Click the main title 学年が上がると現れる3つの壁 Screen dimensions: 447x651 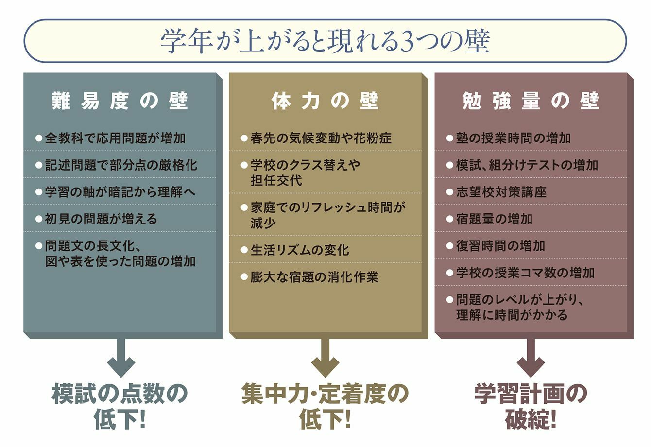pos(325,41)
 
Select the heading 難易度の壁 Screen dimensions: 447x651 pos(120,102)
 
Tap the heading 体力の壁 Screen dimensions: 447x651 pos(325,102)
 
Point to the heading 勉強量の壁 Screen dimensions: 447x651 pos(531,102)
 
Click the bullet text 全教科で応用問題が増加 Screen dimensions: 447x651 pos(115,138)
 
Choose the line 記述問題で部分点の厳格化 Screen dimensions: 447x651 pos(121,165)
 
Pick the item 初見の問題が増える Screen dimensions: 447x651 pos(101,219)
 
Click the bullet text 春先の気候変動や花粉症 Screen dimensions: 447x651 pos(321,138)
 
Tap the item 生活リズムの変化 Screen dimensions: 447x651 pos(300,250)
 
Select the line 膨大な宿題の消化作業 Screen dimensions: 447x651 pos(314,277)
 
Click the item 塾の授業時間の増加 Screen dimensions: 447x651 pos(514,138)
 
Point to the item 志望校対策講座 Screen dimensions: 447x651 pos(501,192)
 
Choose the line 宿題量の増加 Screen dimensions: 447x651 pos(494,219)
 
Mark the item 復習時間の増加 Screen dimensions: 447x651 pos(500,246)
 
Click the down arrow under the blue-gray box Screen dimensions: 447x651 pos(120,358)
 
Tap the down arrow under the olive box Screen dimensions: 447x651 pos(325,358)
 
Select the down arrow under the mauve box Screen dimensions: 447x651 pos(531,358)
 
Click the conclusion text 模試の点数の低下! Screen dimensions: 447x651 pos(120,407)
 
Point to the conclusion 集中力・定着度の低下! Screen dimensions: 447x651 pos(325,407)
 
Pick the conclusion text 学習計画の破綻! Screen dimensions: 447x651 pos(531,407)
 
